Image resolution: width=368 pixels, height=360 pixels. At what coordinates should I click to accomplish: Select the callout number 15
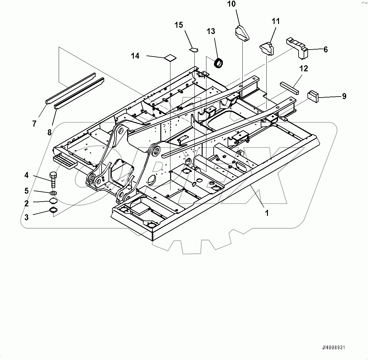pos(179,25)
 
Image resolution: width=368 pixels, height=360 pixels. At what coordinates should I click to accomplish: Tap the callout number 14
pos(135,56)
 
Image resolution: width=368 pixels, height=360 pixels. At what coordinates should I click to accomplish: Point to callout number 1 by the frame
pos(267,213)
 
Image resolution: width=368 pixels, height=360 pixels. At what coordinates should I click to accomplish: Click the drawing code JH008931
pos(334,348)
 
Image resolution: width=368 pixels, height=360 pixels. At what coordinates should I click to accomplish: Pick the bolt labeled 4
pos(53,179)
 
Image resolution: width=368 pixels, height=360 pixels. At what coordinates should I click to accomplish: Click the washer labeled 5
pos(53,192)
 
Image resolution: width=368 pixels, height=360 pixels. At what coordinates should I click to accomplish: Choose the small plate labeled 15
pos(195,50)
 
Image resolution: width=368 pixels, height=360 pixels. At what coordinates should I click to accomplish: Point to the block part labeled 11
pos(267,48)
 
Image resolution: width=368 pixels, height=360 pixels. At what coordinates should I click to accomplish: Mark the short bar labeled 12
pos(289,87)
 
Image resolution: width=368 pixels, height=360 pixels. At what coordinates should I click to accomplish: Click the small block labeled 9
pos(313,95)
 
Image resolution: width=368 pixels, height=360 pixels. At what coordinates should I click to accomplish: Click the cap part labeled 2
pos(53,201)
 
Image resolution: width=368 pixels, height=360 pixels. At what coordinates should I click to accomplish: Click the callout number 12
pos(304,68)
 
